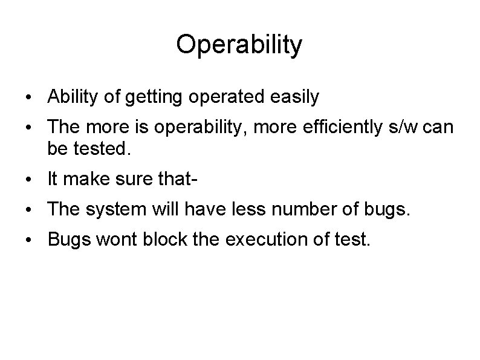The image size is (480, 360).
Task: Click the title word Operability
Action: point(239,45)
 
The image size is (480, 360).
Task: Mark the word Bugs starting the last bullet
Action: point(67,240)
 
